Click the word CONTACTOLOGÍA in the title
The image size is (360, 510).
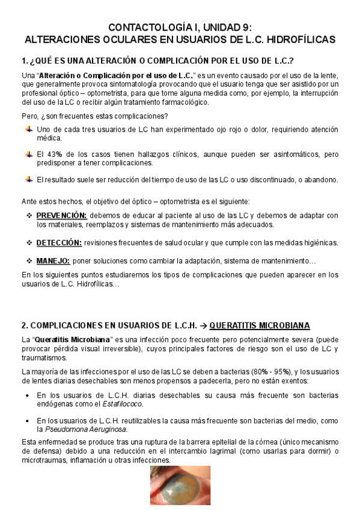pos(143,28)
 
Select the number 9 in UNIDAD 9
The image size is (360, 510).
pos(248,28)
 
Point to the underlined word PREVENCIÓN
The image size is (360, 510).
pos(61,216)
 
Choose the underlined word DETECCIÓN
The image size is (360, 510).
pos(59,242)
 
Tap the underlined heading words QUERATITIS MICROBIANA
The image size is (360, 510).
pos(260,325)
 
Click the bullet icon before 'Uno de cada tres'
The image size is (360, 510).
pos(29,130)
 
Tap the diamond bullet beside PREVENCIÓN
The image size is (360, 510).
pos(29,216)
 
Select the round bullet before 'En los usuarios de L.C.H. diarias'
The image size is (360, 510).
pos(29,395)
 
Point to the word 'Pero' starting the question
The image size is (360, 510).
pos(29,115)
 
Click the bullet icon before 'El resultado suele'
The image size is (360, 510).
pos(29,180)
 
